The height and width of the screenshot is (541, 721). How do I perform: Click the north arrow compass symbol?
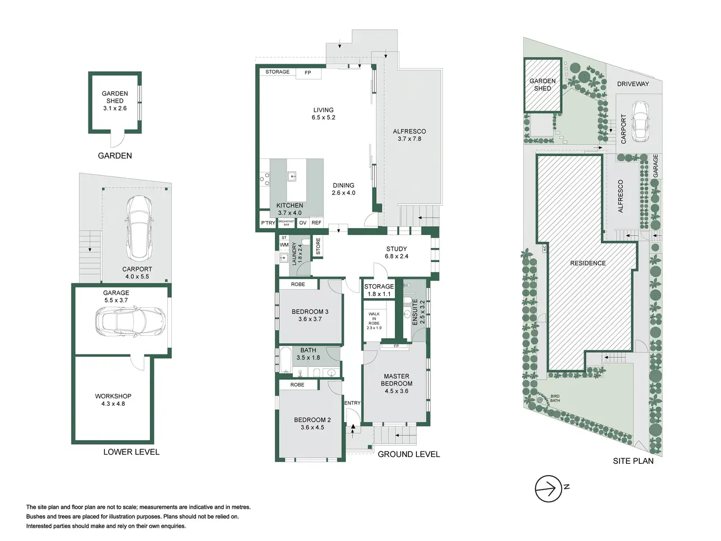coord(548,489)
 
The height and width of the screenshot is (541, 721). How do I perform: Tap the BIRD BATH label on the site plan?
coord(555,398)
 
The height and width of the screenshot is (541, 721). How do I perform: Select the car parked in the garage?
coord(131,320)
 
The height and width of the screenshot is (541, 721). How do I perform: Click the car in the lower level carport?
coord(139,228)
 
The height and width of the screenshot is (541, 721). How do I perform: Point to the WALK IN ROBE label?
coord(374,321)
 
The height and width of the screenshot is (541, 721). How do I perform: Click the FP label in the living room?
coord(308,73)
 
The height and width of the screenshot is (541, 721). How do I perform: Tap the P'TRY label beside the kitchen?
coord(268,223)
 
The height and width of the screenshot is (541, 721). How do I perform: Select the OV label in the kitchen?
coord(303,223)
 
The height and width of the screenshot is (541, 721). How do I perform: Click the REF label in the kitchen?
coord(317,223)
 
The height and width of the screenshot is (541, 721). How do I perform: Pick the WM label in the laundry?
coord(284,245)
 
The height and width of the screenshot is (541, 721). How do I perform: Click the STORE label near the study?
coord(318,246)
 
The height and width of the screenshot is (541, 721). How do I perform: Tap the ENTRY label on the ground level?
coord(353,403)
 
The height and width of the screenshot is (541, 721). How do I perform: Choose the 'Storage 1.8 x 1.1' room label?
coord(379,290)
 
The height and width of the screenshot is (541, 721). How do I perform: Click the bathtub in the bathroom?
coord(286,360)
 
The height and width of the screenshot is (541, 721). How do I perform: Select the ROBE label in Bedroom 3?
coord(298,284)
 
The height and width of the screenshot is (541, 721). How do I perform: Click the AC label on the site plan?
coord(544,249)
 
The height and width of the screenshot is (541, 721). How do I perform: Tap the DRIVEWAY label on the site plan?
coord(633,84)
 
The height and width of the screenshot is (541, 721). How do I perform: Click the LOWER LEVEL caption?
coord(131,452)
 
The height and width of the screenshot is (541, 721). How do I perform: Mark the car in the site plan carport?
coord(640,121)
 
